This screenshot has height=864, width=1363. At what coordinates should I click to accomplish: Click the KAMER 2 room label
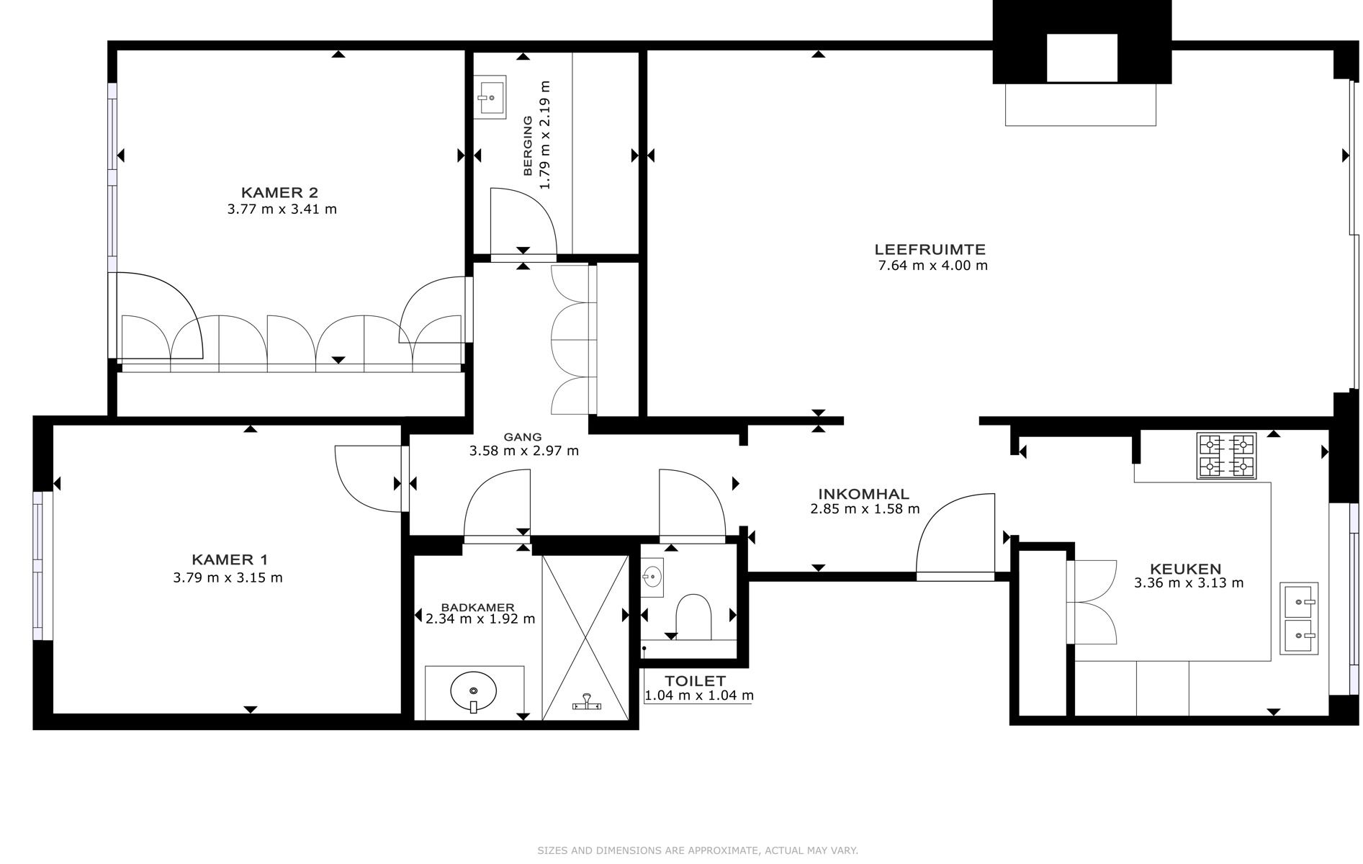[x=279, y=192]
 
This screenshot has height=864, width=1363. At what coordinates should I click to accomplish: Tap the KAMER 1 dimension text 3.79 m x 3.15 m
[x=228, y=577]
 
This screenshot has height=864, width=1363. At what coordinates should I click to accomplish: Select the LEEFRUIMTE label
[x=930, y=250]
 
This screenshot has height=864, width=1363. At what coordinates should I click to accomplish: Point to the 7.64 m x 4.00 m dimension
[x=933, y=266]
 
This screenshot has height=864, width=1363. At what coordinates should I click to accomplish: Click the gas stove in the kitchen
[x=1226, y=456]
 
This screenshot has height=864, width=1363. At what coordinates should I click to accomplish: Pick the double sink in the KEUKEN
[x=1299, y=618]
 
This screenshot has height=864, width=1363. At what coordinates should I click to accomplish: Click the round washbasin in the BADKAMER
[x=473, y=692]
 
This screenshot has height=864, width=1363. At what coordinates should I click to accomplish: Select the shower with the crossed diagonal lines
[x=585, y=637]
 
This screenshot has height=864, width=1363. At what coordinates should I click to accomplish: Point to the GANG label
[x=523, y=437]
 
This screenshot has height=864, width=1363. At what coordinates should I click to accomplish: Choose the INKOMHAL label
[x=863, y=494]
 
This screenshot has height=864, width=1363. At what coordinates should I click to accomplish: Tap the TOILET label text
[x=695, y=680]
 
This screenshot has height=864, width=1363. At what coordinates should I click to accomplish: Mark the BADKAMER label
[x=478, y=607]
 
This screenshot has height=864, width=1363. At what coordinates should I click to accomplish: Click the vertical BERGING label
[x=528, y=145]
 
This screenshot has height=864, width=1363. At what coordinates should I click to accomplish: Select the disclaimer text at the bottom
[x=698, y=850]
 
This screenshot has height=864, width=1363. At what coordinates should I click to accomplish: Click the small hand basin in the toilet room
[x=653, y=577]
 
